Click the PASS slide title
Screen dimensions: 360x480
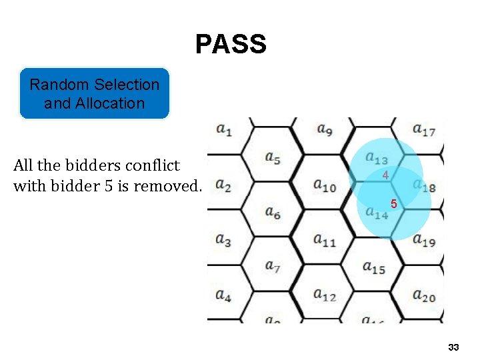(x=231, y=45)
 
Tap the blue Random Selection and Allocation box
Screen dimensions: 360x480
(x=94, y=93)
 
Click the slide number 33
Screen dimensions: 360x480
(x=454, y=347)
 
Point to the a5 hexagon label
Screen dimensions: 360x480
(x=272, y=159)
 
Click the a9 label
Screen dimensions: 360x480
(x=325, y=129)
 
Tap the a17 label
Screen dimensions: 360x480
(x=424, y=130)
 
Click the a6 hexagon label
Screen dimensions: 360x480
(x=272, y=213)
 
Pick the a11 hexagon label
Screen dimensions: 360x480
(x=325, y=241)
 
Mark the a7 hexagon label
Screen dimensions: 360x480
(x=272, y=267)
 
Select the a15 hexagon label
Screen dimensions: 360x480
(x=373, y=268)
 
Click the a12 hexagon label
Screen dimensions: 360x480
(x=325, y=294)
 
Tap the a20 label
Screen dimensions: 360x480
(x=424, y=295)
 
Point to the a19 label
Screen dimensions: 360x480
(x=424, y=241)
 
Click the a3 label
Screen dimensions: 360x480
(x=224, y=240)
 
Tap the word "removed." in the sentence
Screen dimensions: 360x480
(x=167, y=186)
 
